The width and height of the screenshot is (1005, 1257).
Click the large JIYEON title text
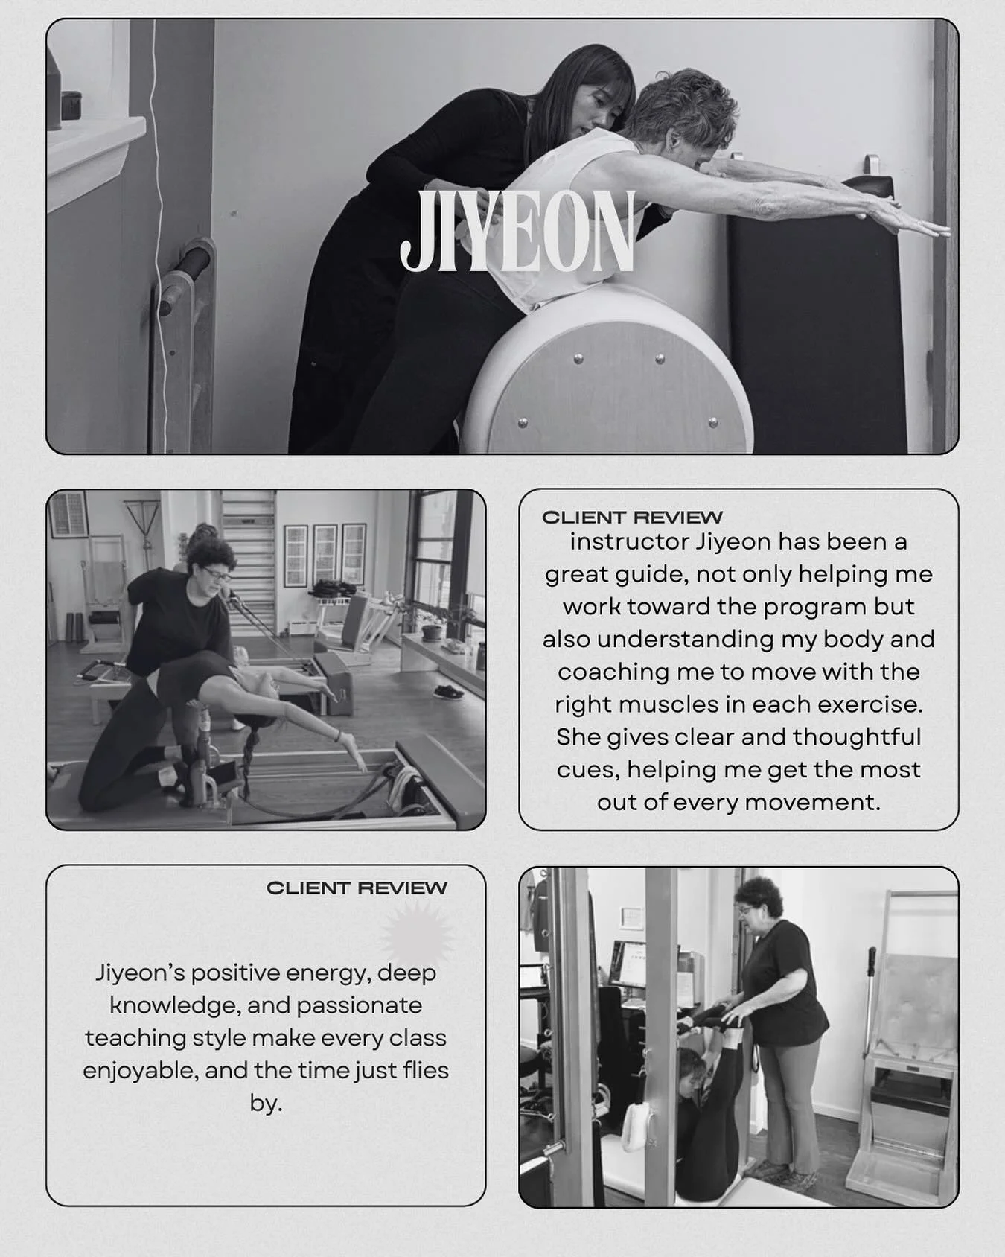point(517,232)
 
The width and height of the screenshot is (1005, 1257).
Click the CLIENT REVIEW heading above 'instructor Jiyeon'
point(632,518)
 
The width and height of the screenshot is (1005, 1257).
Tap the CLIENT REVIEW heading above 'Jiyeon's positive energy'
point(357,888)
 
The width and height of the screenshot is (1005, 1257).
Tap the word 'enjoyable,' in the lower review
point(139,1071)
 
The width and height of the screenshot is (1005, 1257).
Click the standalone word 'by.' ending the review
point(266,1104)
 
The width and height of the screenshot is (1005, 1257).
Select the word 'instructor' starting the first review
point(630,541)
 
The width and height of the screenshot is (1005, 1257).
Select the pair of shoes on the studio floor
point(448,692)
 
